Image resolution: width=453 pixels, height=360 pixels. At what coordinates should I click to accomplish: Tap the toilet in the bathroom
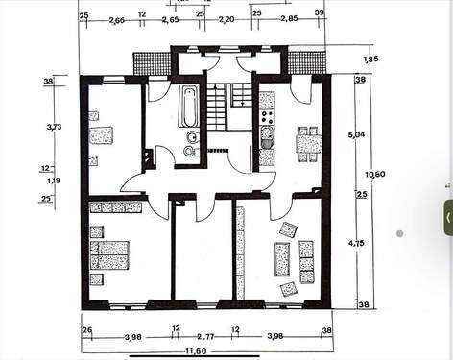(190, 150)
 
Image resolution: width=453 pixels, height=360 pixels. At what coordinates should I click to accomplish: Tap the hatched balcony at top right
(306, 62)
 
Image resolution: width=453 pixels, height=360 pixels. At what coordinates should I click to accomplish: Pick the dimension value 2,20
(227, 18)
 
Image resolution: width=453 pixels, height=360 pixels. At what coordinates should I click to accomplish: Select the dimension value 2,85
(287, 18)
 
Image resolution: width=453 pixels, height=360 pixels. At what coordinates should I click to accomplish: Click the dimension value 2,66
(116, 18)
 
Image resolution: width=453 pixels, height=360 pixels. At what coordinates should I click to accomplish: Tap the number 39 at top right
(319, 14)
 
